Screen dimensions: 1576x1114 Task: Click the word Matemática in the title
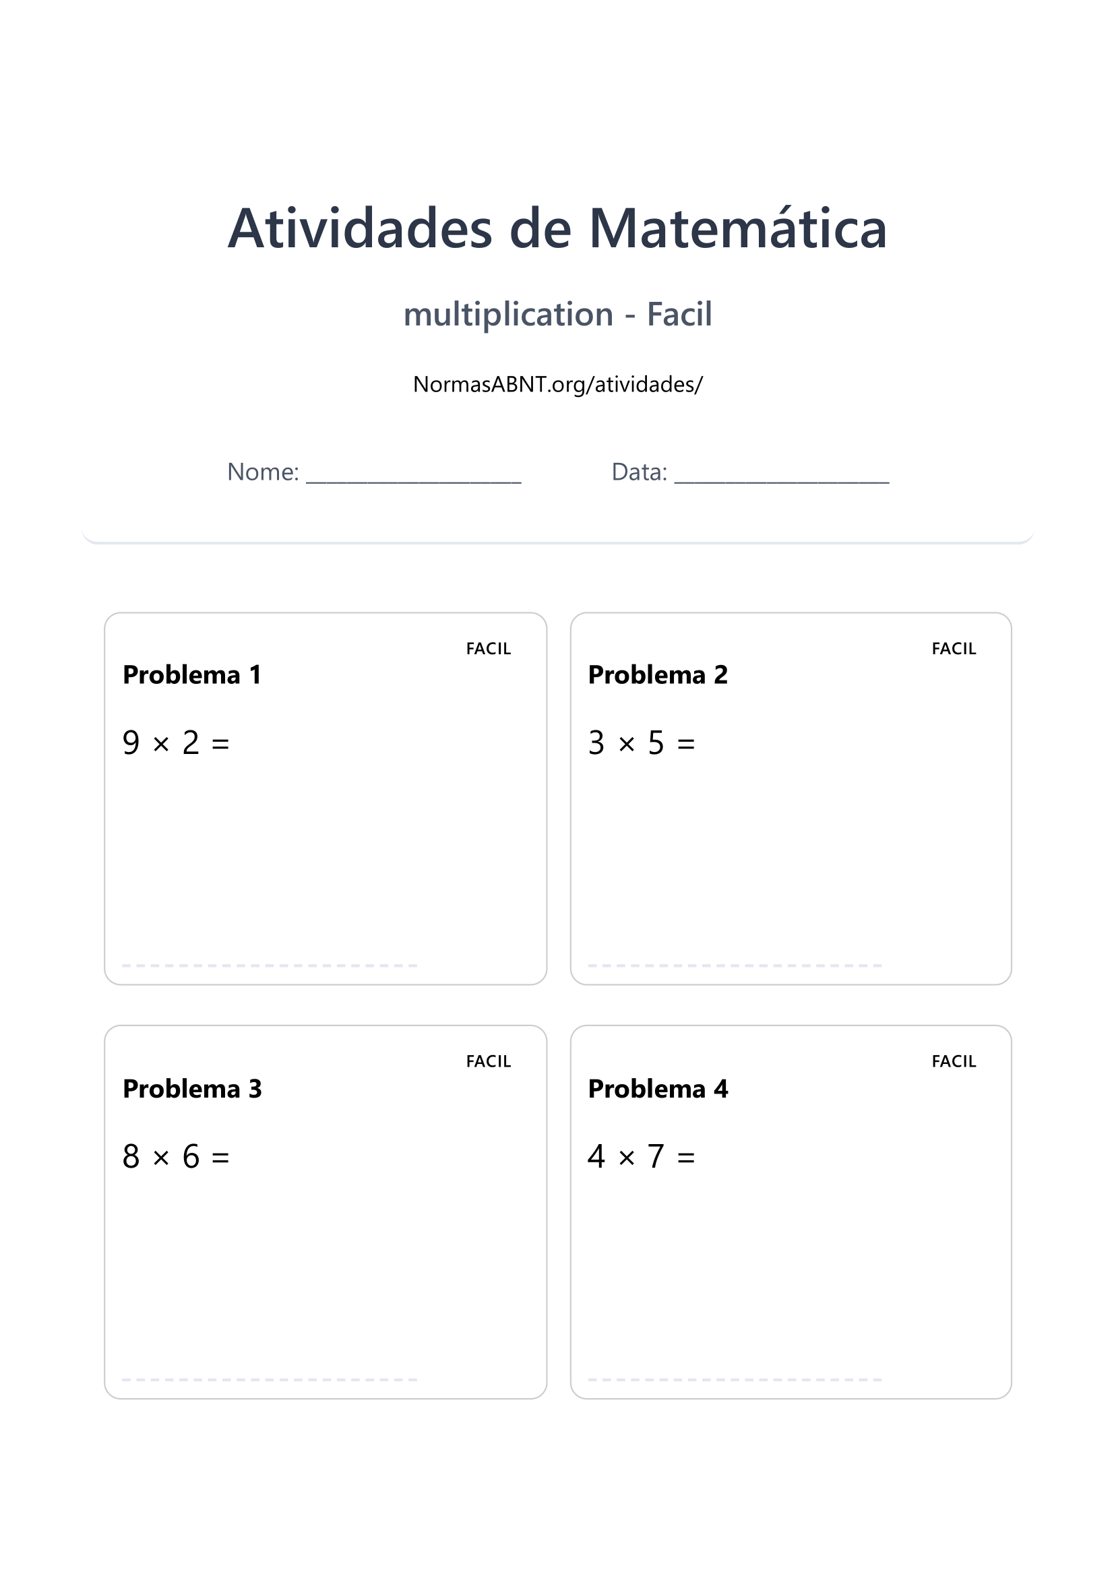click(738, 228)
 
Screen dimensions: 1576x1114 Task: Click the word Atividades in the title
click(360, 228)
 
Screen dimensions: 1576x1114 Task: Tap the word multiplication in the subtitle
click(508, 315)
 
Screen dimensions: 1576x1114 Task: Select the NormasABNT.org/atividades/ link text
click(557, 384)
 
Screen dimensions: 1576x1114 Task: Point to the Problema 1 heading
click(191, 674)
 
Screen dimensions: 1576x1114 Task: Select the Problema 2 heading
click(658, 674)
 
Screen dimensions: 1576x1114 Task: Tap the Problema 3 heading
click(192, 1089)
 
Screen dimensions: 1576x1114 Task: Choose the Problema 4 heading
click(658, 1089)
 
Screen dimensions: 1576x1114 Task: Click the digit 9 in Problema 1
click(131, 743)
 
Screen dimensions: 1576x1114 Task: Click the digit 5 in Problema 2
click(656, 743)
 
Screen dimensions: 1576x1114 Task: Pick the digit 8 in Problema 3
click(131, 1157)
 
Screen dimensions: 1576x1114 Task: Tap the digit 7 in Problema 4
click(656, 1157)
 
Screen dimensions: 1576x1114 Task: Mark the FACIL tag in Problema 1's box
click(488, 649)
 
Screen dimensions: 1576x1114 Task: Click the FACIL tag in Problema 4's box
click(954, 1061)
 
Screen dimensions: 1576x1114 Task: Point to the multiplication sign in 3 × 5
click(626, 745)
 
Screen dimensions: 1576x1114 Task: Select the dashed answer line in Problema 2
click(735, 966)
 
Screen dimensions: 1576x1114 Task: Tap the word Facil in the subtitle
click(679, 315)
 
